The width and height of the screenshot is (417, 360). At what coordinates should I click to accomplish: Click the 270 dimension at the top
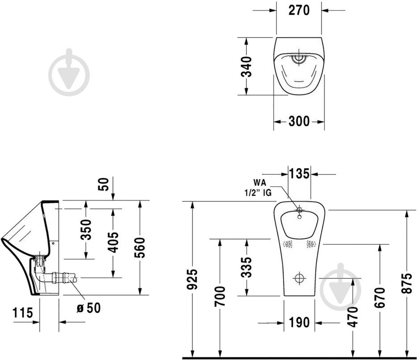(299, 10)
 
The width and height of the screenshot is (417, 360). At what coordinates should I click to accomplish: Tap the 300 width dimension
(299, 121)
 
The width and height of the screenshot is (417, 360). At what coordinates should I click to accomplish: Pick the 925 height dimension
(192, 280)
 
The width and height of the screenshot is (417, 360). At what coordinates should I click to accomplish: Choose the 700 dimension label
(220, 296)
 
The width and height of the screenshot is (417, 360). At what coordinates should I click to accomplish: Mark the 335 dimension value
(246, 267)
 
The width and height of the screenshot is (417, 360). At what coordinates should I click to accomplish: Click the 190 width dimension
(299, 323)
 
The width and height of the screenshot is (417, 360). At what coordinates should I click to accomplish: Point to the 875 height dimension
(407, 282)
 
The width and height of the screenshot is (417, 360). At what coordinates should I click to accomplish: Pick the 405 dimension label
(113, 242)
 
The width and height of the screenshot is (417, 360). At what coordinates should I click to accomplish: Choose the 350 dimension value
(87, 229)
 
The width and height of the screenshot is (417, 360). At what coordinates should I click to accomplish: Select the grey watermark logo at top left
(69, 73)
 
